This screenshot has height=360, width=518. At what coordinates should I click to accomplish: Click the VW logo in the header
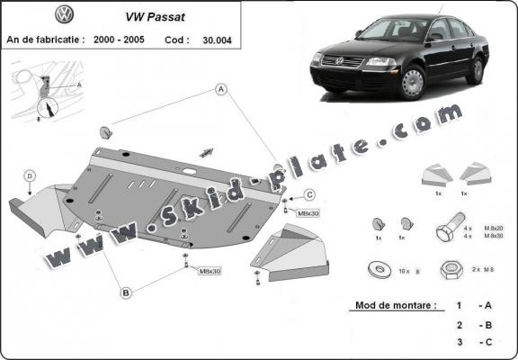tap(64, 15)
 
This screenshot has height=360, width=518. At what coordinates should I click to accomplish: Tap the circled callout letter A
tap(219, 88)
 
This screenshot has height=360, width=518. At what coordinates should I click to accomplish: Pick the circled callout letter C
tap(308, 194)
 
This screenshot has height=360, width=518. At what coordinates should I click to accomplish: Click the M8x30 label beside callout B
tap(210, 270)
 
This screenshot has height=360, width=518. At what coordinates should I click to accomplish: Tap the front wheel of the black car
tap(412, 84)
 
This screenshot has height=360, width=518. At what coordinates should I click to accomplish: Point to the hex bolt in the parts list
tap(451, 230)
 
